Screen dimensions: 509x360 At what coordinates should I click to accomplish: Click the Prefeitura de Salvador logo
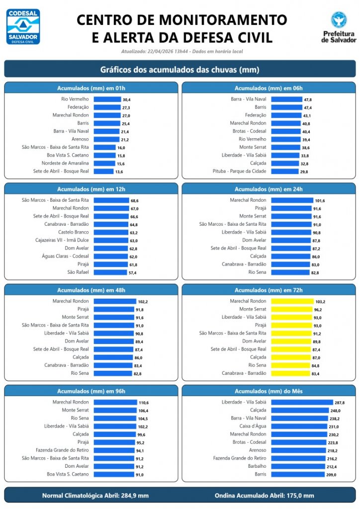[x=339, y=27]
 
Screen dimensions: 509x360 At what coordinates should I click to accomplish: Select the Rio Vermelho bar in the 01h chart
[x=107, y=99]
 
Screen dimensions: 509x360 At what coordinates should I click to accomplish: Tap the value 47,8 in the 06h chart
[x=308, y=99]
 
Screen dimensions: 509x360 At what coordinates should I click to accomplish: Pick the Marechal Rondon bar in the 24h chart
[x=292, y=200]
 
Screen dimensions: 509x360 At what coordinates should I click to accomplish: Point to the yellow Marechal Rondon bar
[x=292, y=301]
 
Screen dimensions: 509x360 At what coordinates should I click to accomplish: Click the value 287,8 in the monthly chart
[x=340, y=402]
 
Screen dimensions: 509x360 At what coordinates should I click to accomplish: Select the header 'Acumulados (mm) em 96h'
[x=91, y=391]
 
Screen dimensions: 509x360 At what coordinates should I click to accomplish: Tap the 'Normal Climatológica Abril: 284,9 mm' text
[x=95, y=495]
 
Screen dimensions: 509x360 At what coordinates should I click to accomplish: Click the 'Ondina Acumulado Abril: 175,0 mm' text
[x=264, y=495]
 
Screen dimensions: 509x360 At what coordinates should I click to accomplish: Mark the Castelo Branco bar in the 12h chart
[x=110, y=232]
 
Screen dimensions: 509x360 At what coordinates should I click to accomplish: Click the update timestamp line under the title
[x=181, y=51]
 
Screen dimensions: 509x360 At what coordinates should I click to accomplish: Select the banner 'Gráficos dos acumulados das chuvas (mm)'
[x=180, y=70]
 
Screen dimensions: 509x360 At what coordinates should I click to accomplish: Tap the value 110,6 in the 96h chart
[x=144, y=402]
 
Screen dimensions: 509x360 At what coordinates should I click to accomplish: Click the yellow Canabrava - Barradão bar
[x=290, y=373]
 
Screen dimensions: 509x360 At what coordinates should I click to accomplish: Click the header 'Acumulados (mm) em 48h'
[x=91, y=290]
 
